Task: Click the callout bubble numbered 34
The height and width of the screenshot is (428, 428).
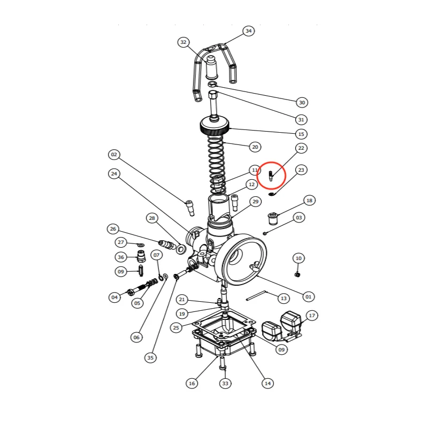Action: coord(248,31)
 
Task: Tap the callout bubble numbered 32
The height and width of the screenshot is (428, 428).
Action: coord(184,42)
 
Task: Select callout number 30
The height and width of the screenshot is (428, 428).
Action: coord(302,103)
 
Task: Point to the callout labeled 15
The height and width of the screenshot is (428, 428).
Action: coord(301,134)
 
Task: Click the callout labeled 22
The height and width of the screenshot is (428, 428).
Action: coord(301,148)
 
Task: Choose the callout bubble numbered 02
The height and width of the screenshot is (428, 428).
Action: coord(114,155)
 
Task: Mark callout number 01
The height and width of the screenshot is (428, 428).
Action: coord(309,297)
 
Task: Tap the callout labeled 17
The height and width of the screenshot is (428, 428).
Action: coord(312,316)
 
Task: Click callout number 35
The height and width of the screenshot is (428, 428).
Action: coord(150,357)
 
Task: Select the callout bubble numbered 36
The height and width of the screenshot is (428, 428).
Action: coord(121,257)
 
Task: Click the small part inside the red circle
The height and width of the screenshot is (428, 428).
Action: coord(271,176)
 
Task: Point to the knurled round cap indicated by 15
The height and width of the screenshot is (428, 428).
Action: coord(215,126)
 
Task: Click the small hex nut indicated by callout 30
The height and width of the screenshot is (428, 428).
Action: coord(212,83)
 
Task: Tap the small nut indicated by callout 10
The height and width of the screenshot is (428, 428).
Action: coord(298,274)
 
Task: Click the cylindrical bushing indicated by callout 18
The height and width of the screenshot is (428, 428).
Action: coord(272,218)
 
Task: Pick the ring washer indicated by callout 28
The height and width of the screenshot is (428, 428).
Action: coord(181,249)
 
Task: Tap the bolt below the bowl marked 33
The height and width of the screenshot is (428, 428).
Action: coord(223,363)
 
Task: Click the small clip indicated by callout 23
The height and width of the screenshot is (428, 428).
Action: coord(271,194)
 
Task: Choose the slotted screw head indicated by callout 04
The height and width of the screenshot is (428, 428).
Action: coord(131,293)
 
